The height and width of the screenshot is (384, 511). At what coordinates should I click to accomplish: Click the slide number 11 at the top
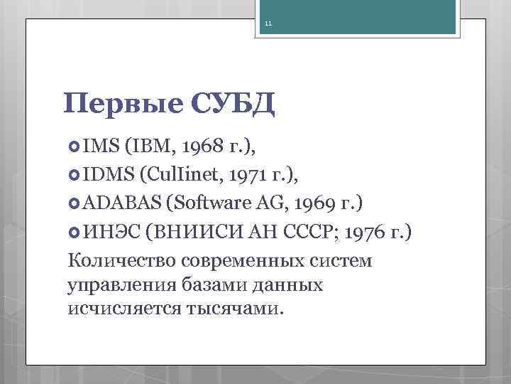(269, 24)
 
